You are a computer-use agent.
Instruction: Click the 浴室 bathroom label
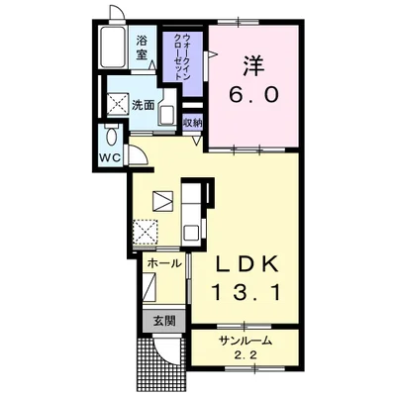[142, 48]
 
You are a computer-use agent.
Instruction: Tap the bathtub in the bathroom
[113, 47]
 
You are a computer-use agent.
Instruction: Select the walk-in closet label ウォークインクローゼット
[181, 56]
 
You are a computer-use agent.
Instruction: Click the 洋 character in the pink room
[254, 65]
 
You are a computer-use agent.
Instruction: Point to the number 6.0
[254, 95]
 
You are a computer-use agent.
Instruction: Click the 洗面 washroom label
[144, 105]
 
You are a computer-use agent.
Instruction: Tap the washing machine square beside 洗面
[118, 102]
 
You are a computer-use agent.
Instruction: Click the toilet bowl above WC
[112, 136]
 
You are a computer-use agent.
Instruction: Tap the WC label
[109, 158]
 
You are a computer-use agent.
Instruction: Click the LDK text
[246, 265]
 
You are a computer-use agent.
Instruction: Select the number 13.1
[247, 292]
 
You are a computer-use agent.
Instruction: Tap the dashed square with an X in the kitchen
[146, 232]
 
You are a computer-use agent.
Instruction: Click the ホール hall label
[164, 263]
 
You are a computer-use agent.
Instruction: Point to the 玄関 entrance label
[163, 321]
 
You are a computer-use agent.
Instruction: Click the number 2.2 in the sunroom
[246, 355]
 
